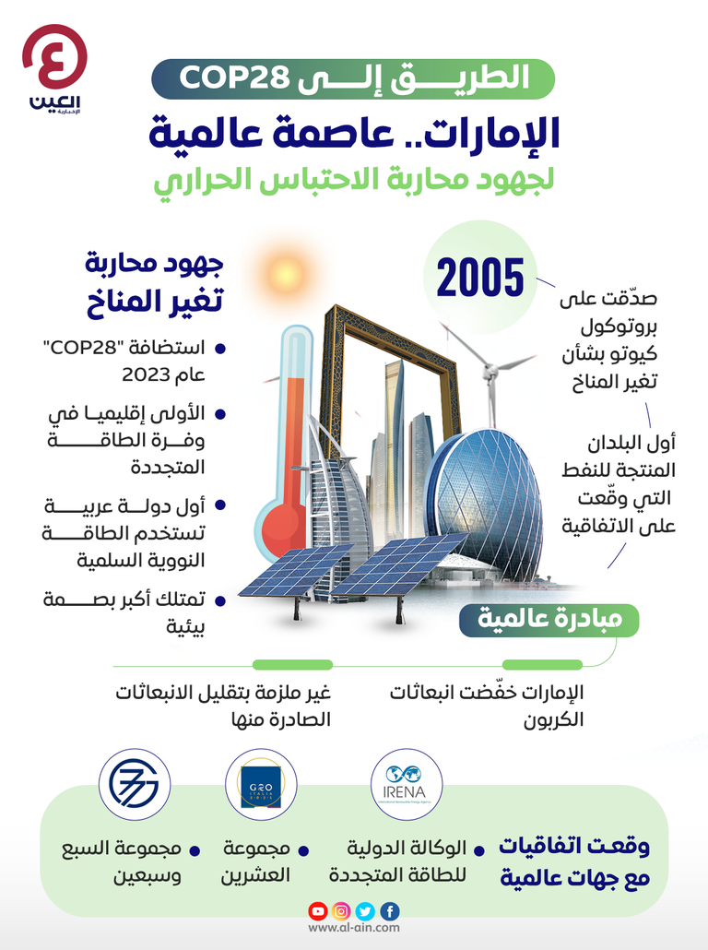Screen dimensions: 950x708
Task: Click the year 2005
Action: [x=479, y=276]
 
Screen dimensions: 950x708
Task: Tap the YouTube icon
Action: [x=318, y=911]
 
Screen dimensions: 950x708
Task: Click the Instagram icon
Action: [x=342, y=911]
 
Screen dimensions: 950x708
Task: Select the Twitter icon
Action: [x=366, y=911]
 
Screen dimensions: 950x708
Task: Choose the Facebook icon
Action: [x=390, y=911]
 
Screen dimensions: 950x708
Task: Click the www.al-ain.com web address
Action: [x=354, y=929]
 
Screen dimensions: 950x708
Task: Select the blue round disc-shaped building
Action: [x=479, y=498]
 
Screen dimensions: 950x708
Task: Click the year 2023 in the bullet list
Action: [x=147, y=376]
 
